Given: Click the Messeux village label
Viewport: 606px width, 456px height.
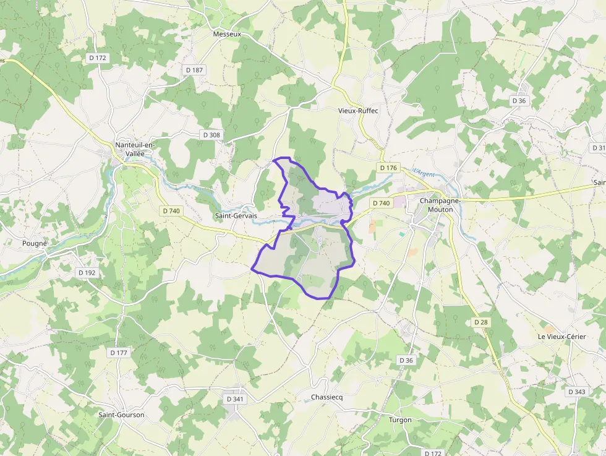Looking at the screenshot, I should [226, 34].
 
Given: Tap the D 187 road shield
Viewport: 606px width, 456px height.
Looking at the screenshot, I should [194, 70].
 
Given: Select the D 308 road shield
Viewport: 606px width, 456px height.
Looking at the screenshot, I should [211, 135].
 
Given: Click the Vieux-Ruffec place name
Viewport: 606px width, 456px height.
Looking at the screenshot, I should [358, 111].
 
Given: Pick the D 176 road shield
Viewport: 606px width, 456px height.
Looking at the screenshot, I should [388, 168].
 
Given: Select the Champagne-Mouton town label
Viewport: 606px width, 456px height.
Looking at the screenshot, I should [445, 205].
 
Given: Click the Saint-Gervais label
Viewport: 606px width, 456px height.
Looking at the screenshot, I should [235, 215].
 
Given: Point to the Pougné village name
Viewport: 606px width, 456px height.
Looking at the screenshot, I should [35, 244].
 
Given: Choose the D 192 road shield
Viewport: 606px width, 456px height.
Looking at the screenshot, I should [87, 272].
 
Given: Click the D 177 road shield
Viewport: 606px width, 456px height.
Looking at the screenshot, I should [119, 353].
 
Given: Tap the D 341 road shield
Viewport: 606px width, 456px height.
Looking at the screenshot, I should [235, 399].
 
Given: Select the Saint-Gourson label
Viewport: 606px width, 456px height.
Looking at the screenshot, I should [121, 415].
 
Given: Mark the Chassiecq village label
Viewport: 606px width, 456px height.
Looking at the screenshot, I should [326, 397].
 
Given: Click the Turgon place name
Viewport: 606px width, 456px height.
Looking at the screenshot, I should [399, 419].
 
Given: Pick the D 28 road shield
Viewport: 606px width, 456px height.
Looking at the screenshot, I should [481, 322].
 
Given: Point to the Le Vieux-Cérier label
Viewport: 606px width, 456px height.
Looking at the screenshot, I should [561, 336].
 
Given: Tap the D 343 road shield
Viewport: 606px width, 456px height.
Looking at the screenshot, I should [576, 392].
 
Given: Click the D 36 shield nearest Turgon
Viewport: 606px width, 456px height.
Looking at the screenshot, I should [406, 360].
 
